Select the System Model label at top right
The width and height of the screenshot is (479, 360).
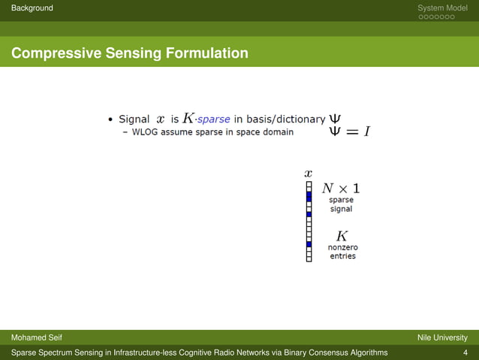442,8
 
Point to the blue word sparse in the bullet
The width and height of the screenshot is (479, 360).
214,119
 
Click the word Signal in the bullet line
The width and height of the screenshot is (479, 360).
134,119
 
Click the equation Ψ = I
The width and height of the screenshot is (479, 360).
349,132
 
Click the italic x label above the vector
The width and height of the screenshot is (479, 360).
308,173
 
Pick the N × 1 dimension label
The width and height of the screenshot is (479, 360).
341,188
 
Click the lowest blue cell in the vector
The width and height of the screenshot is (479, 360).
309,244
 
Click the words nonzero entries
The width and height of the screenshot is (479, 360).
342,252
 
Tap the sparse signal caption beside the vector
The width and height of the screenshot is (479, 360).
341,204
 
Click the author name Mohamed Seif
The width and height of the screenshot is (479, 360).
35,337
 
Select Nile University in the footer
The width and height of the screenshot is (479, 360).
442,337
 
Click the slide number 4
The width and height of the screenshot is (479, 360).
465,352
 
